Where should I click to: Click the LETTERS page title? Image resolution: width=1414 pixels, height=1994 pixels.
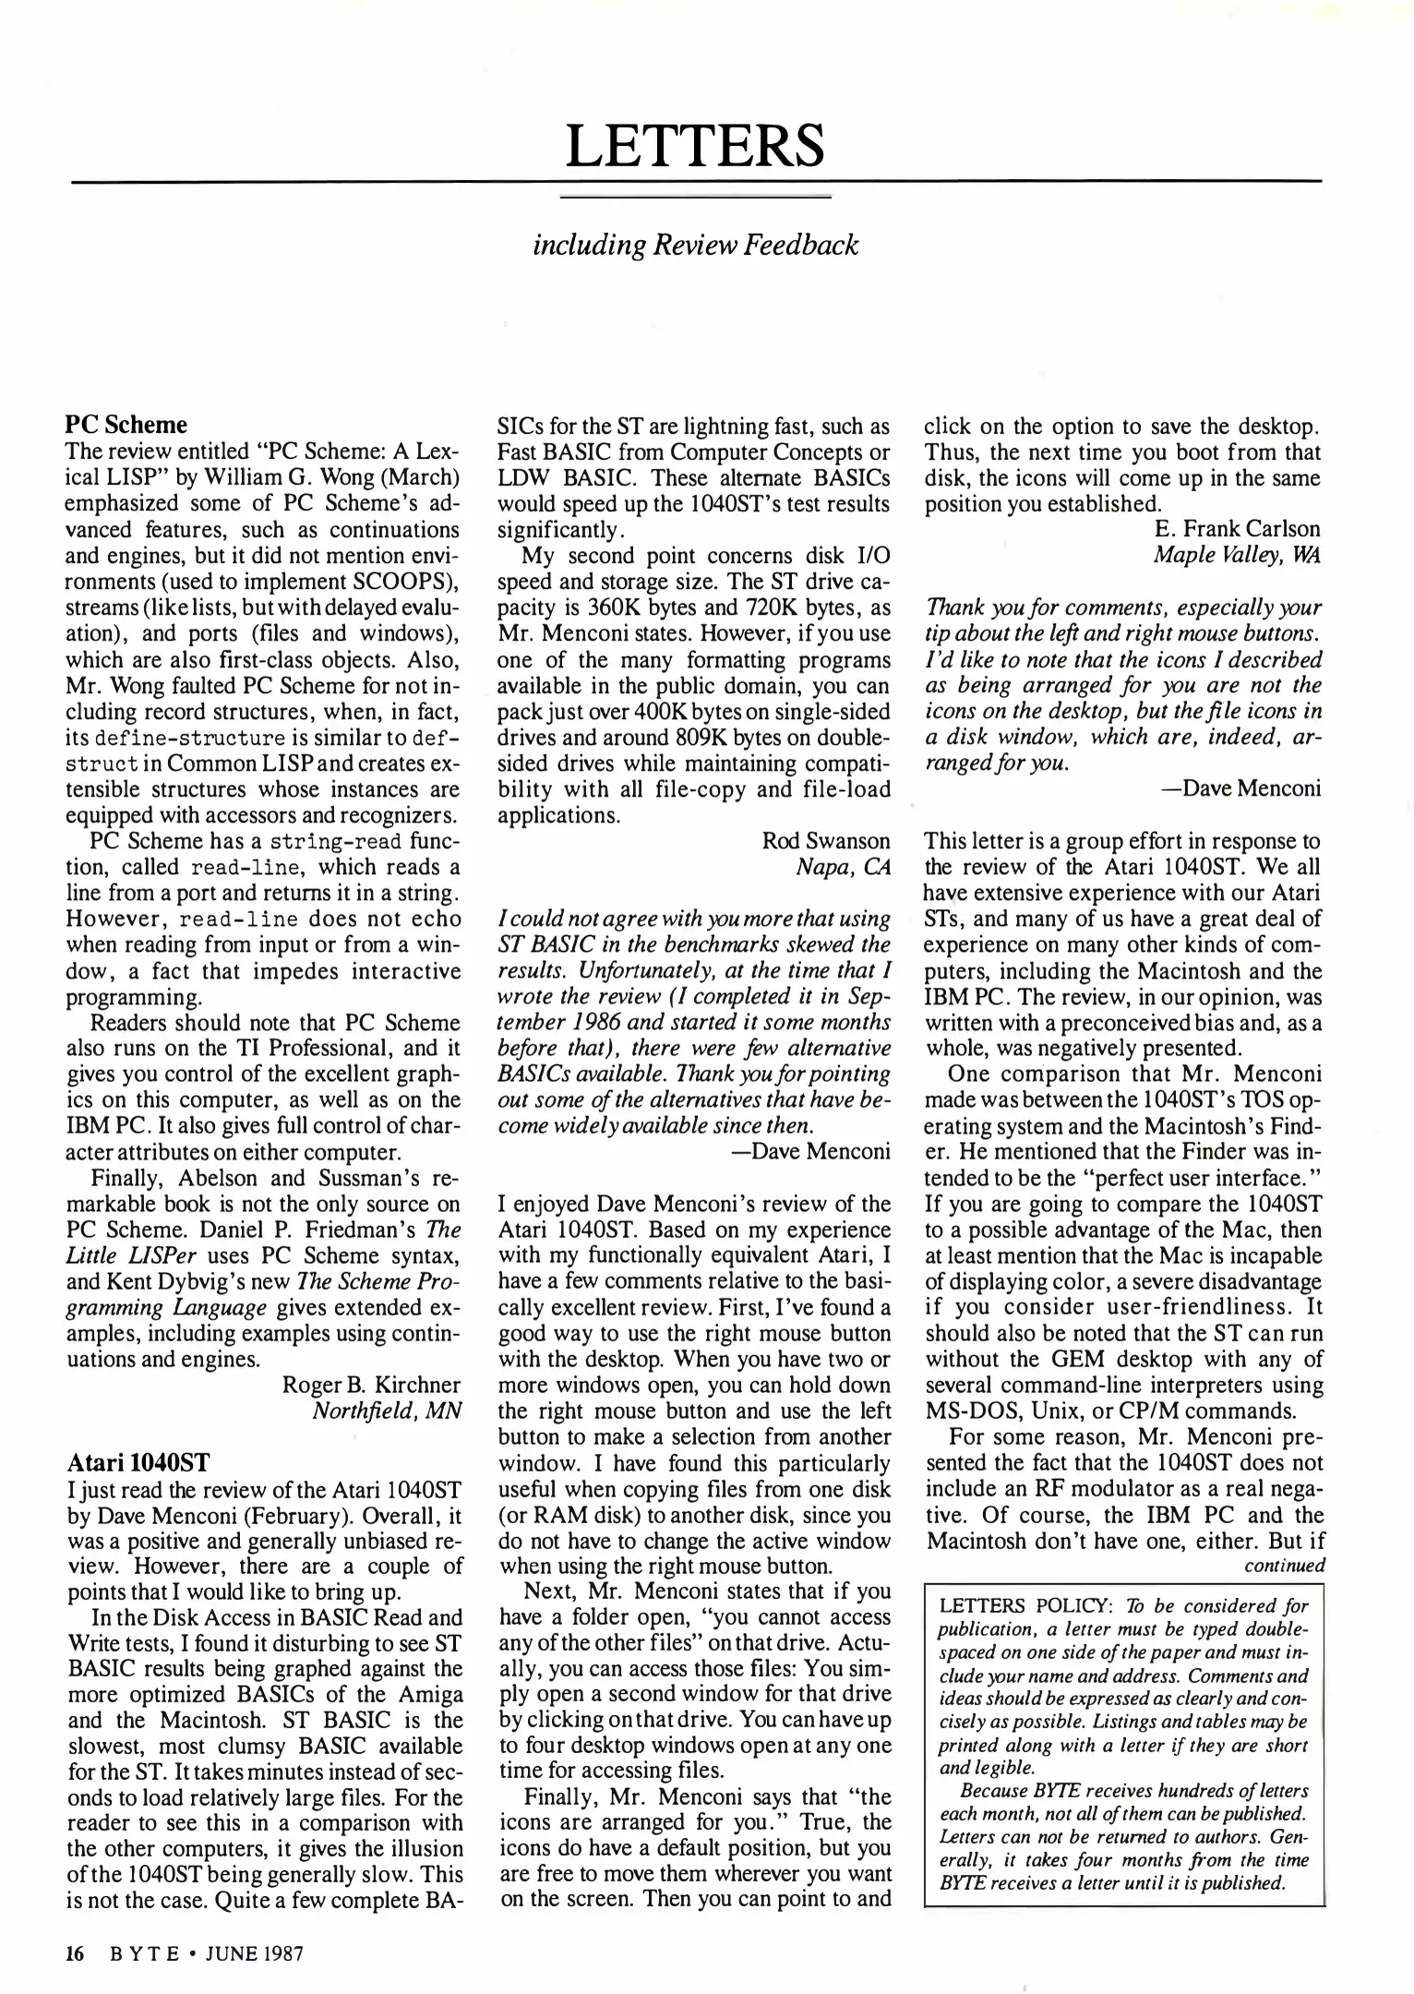pos(695,145)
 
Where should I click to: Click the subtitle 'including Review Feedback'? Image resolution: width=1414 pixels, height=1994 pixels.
pos(696,245)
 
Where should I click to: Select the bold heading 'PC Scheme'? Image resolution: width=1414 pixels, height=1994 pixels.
pos(126,425)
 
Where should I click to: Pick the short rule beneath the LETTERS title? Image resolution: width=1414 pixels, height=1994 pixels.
pos(696,197)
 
